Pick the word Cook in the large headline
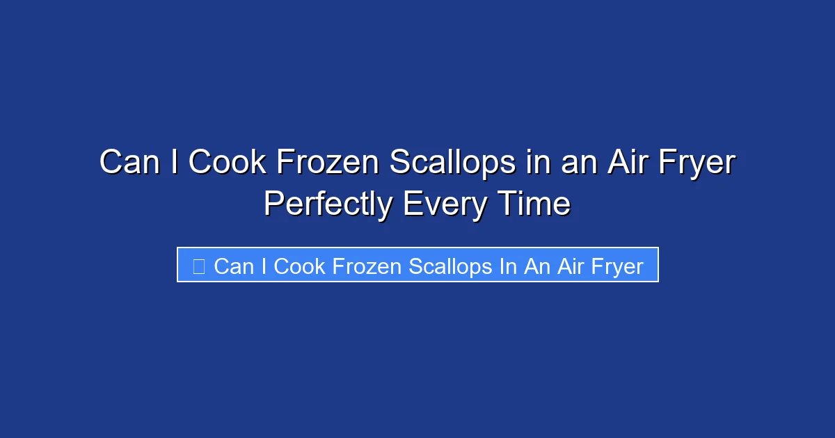click(227, 163)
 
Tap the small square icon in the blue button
click(198, 266)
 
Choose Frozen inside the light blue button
click(367, 266)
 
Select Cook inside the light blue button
click(299, 266)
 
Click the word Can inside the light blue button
click(234, 266)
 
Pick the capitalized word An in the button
click(536, 266)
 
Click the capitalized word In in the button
click(508, 266)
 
